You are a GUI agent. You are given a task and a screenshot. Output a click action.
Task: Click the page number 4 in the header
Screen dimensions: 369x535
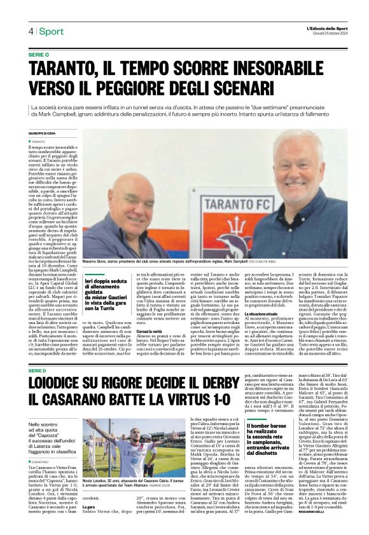tap(31, 30)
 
